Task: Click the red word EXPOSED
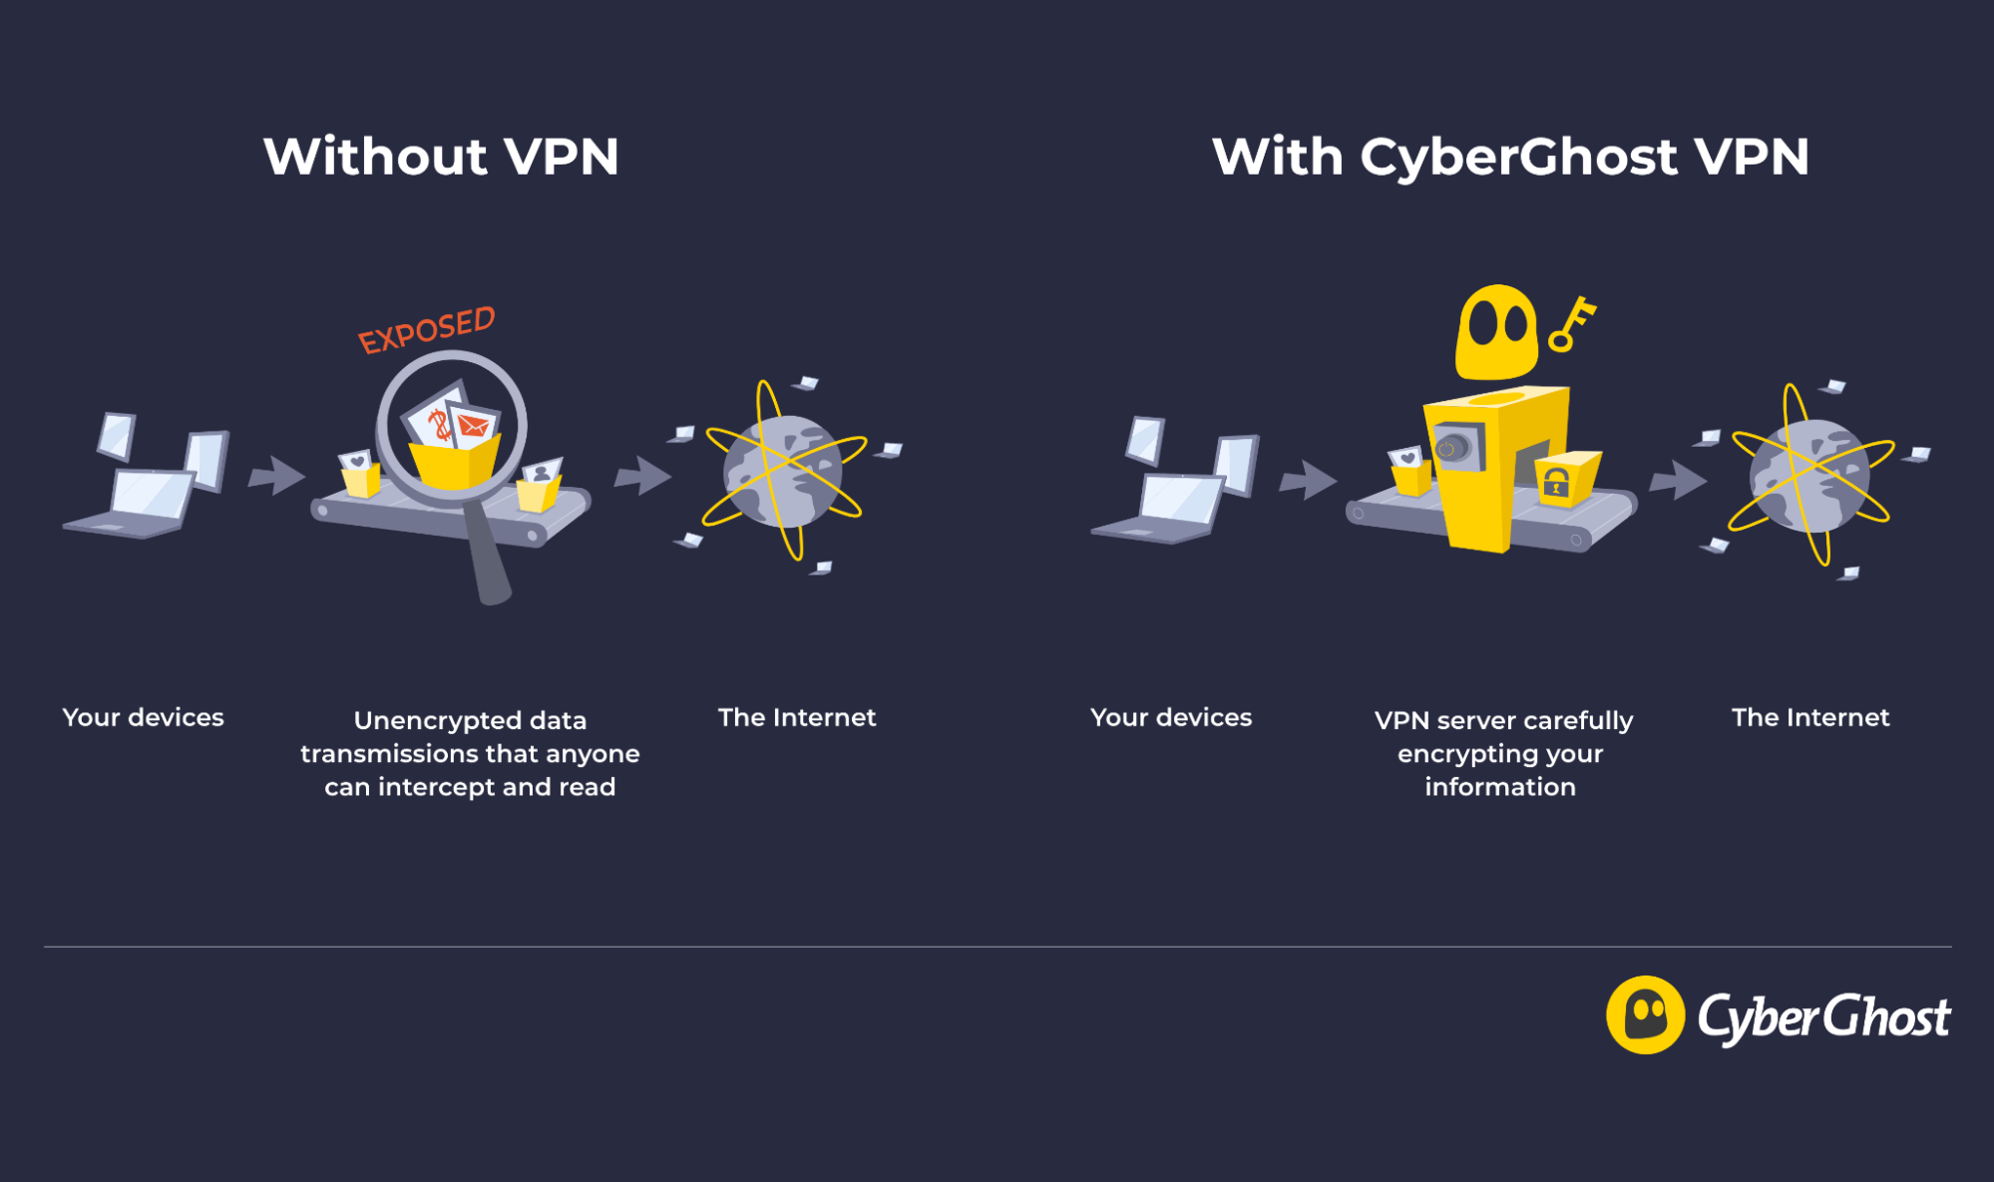click(x=427, y=330)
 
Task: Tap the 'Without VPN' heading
click(x=441, y=157)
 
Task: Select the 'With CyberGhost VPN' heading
click(x=1510, y=157)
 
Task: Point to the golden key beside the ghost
click(x=1571, y=324)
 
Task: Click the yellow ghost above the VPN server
click(x=1495, y=332)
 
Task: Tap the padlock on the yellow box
click(x=1556, y=483)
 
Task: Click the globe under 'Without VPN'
click(x=783, y=472)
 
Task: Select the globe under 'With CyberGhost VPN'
click(x=1810, y=476)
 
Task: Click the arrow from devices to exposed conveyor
click(x=275, y=476)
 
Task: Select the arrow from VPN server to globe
click(x=1677, y=481)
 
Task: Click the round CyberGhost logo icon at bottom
click(x=1645, y=1014)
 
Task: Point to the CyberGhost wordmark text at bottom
click(x=1823, y=1017)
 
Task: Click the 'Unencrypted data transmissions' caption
click(x=470, y=753)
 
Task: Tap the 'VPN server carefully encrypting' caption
click(x=1502, y=753)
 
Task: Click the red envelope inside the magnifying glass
click(x=474, y=427)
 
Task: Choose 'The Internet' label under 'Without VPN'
click(x=796, y=717)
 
